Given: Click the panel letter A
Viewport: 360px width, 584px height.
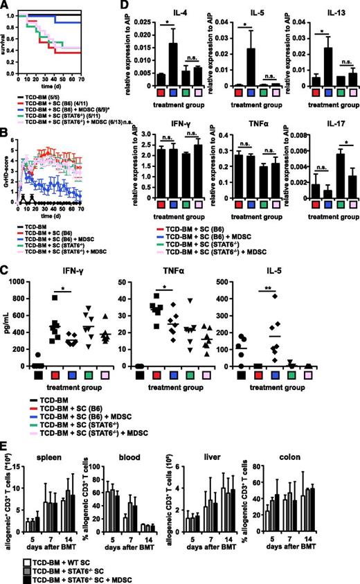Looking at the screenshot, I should click(6, 6).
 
